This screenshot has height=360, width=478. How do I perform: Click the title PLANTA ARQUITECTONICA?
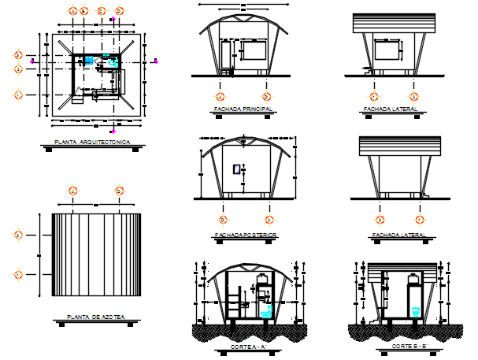click(92, 143)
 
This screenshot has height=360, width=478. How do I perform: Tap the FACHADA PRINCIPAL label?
click(243, 108)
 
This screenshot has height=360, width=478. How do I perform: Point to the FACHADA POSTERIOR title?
click(245, 235)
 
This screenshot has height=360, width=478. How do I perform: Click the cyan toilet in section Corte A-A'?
click(265, 311)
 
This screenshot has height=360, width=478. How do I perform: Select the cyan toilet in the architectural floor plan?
click(113, 61)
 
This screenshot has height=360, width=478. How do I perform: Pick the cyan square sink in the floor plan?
click(91, 60)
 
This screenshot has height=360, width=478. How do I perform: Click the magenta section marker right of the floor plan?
click(157, 60)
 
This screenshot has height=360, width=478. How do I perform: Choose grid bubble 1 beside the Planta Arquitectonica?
click(18, 95)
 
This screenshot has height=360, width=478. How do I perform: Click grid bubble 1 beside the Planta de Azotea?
click(18, 274)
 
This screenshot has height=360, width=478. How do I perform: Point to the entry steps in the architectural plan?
click(76, 98)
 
